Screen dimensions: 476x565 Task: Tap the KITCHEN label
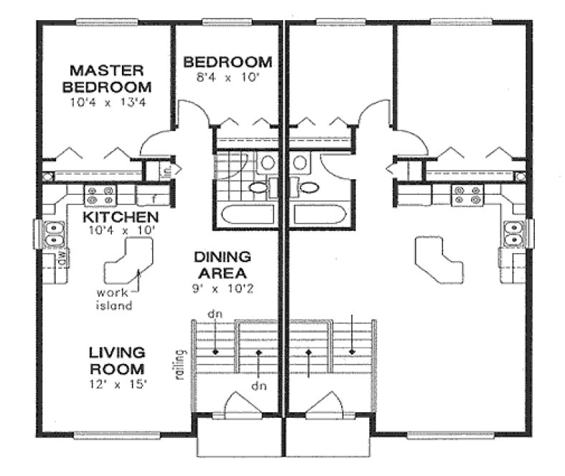(x=120, y=216)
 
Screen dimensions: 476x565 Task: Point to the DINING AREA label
(x=221, y=265)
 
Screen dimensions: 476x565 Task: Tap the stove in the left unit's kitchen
(x=100, y=194)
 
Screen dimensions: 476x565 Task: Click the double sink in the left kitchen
(x=52, y=232)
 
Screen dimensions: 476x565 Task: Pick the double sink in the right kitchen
(x=513, y=232)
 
